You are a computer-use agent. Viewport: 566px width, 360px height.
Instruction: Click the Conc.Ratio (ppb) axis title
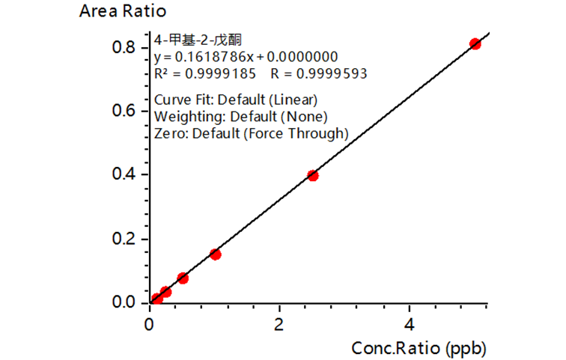pyautogui.click(x=422, y=347)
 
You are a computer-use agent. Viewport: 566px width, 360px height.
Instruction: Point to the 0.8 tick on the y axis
pyautogui.click(x=124, y=47)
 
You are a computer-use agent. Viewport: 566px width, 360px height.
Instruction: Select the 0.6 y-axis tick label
pyautogui.click(x=124, y=111)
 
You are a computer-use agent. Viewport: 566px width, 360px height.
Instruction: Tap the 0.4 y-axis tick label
pyautogui.click(x=124, y=175)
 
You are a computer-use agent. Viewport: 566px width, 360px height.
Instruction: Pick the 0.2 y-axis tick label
pyautogui.click(x=124, y=240)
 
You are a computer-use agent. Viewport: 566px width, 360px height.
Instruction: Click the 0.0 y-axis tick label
pyautogui.click(x=124, y=303)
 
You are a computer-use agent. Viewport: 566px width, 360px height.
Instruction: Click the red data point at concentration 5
pyautogui.click(x=475, y=44)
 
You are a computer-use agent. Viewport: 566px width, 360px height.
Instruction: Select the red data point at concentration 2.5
pyautogui.click(x=313, y=176)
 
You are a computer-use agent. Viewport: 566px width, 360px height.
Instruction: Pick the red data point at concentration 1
pyautogui.click(x=216, y=254)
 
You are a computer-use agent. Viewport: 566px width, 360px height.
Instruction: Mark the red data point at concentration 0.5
pyautogui.click(x=183, y=278)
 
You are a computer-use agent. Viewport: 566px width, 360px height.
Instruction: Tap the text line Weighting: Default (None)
pyautogui.click(x=240, y=117)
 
